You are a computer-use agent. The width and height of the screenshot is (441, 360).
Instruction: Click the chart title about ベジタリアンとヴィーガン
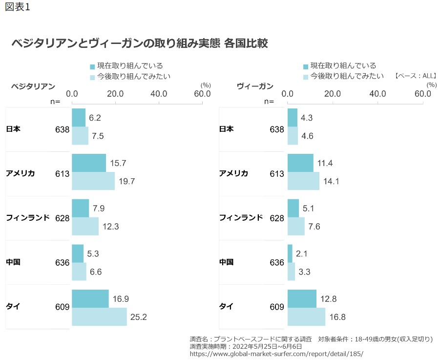click(x=140, y=43)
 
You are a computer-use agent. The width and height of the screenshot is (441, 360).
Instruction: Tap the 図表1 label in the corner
click(x=17, y=8)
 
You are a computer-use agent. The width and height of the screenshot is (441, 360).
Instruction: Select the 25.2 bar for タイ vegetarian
click(x=99, y=317)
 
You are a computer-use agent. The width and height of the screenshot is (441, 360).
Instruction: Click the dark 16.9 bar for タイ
click(x=90, y=298)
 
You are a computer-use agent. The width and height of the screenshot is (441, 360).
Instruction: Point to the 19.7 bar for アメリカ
click(x=93, y=181)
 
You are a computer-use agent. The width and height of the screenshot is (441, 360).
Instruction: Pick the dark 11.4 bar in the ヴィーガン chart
click(x=300, y=163)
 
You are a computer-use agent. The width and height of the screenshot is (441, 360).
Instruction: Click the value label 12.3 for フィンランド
click(x=110, y=226)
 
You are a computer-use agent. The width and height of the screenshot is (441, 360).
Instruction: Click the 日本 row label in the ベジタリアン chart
click(x=13, y=129)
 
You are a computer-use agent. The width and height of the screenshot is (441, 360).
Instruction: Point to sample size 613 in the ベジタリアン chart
click(x=62, y=174)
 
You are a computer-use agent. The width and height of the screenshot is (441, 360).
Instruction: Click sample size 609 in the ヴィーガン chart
click(x=276, y=307)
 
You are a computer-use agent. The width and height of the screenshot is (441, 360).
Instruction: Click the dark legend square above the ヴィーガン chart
click(x=306, y=66)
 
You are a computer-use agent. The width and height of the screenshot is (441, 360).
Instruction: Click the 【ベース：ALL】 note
click(x=415, y=76)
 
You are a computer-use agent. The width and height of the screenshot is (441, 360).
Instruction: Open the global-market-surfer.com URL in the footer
click(x=276, y=354)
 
